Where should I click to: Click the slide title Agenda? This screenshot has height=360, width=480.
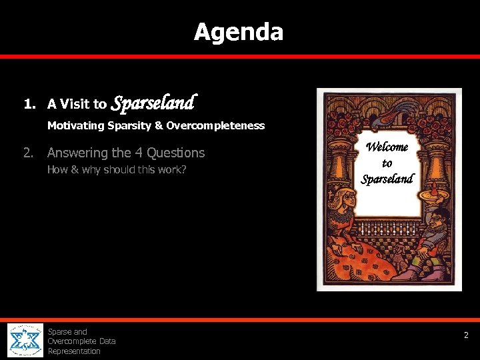pyautogui.click(x=239, y=31)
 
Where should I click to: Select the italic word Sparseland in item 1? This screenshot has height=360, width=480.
pyautogui.click(x=153, y=103)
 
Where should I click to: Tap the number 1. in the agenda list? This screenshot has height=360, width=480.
pyautogui.click(x=29, y=104)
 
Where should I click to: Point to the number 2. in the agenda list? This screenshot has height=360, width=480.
pyautogui.click(x=28, y=153)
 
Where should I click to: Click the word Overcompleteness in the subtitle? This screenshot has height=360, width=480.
pyautogui.click(x=215, y=125)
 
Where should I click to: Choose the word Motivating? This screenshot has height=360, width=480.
pyautogui.click(x=75, y=125)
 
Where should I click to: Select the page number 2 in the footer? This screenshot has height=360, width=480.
pyautogui.click(x=467, y=335)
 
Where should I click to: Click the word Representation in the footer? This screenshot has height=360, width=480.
pyautogui.click(x=74, y=351)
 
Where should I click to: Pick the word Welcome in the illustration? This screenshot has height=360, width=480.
pyautogui.click(x=387, y=148)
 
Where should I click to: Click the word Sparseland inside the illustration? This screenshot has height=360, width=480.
pyautogui.click(x=387, y=179)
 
